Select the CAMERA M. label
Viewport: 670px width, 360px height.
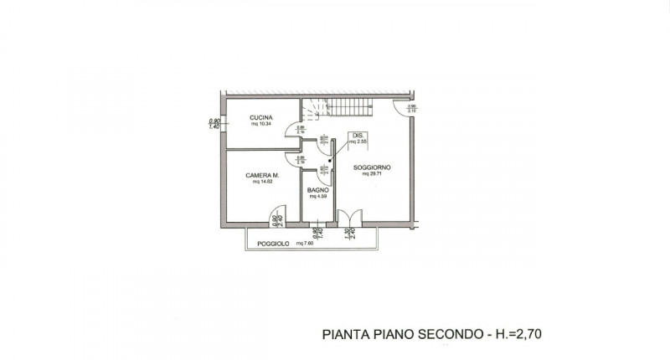pyautogui.click(x=261, y=176)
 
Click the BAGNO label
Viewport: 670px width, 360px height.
pyautogui.click(x=317, y=191)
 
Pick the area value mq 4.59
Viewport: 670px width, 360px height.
pyautogui.click(x=317, y=197)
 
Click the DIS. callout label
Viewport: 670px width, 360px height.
pyautogui.click(x=357, y=136)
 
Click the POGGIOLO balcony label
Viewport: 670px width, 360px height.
pyautogui.click(x=273, y=244)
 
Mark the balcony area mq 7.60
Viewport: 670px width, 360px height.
pyautogui.click(x=302, y=244)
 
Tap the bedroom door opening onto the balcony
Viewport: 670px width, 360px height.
pyautogui.click(x=276, y=219)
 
